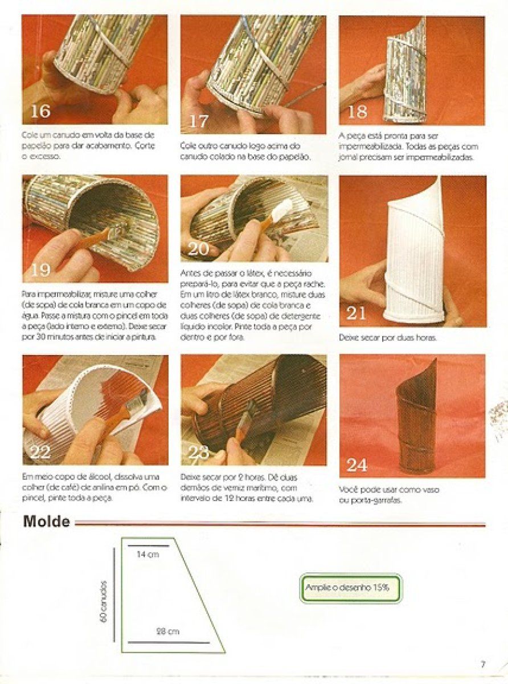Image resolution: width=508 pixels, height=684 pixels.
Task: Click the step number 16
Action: (40, 110)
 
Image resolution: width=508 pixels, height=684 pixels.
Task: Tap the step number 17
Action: (199, 121)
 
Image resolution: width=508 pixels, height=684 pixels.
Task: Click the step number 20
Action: (200, 249)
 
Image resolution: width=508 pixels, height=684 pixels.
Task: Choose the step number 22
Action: (41, 453)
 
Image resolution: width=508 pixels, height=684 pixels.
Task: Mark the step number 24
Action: (357, 465)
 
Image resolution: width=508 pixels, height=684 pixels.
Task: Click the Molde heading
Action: (47, 522)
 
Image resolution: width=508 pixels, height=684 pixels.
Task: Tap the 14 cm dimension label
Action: (148, 555)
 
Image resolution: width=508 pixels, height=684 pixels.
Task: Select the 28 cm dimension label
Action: (167, 631)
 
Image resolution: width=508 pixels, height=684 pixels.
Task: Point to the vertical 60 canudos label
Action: (104, 601)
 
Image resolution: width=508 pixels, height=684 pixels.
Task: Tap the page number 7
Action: (482, 663)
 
